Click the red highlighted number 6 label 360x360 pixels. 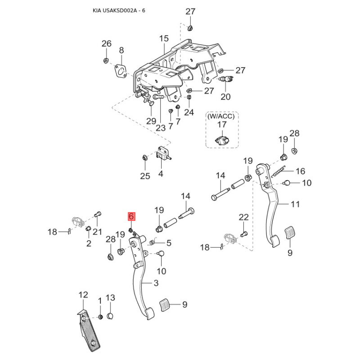coord(131,216)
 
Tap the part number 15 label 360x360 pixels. coord(163,39)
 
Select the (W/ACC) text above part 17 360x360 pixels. coord(220,116)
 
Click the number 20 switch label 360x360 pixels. coord(225,96)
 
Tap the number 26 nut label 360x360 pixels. coord(106,44)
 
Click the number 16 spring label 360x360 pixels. coord(300,171)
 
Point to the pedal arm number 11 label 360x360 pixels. coord(295,204)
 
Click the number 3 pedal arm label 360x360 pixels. coord(156,283)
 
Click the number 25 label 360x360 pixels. coord(144,176)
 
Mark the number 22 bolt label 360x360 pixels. coord(243,218)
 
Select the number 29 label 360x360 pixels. coord(151,121)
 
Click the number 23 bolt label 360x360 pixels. coord(161,127)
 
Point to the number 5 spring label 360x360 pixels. coord(169,243)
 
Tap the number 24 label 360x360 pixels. coord(189,112)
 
